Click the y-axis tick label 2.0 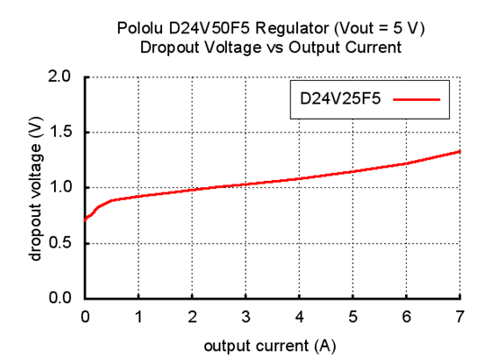(62, 76)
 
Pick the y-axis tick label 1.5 (62, 132)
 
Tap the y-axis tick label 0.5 (62, 243)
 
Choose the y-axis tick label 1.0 (62, 187)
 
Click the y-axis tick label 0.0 (62, 298)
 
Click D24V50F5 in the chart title (211, 30)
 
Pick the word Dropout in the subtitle (170, 48)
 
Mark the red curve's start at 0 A (85, 219)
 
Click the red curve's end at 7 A (460, 151)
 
